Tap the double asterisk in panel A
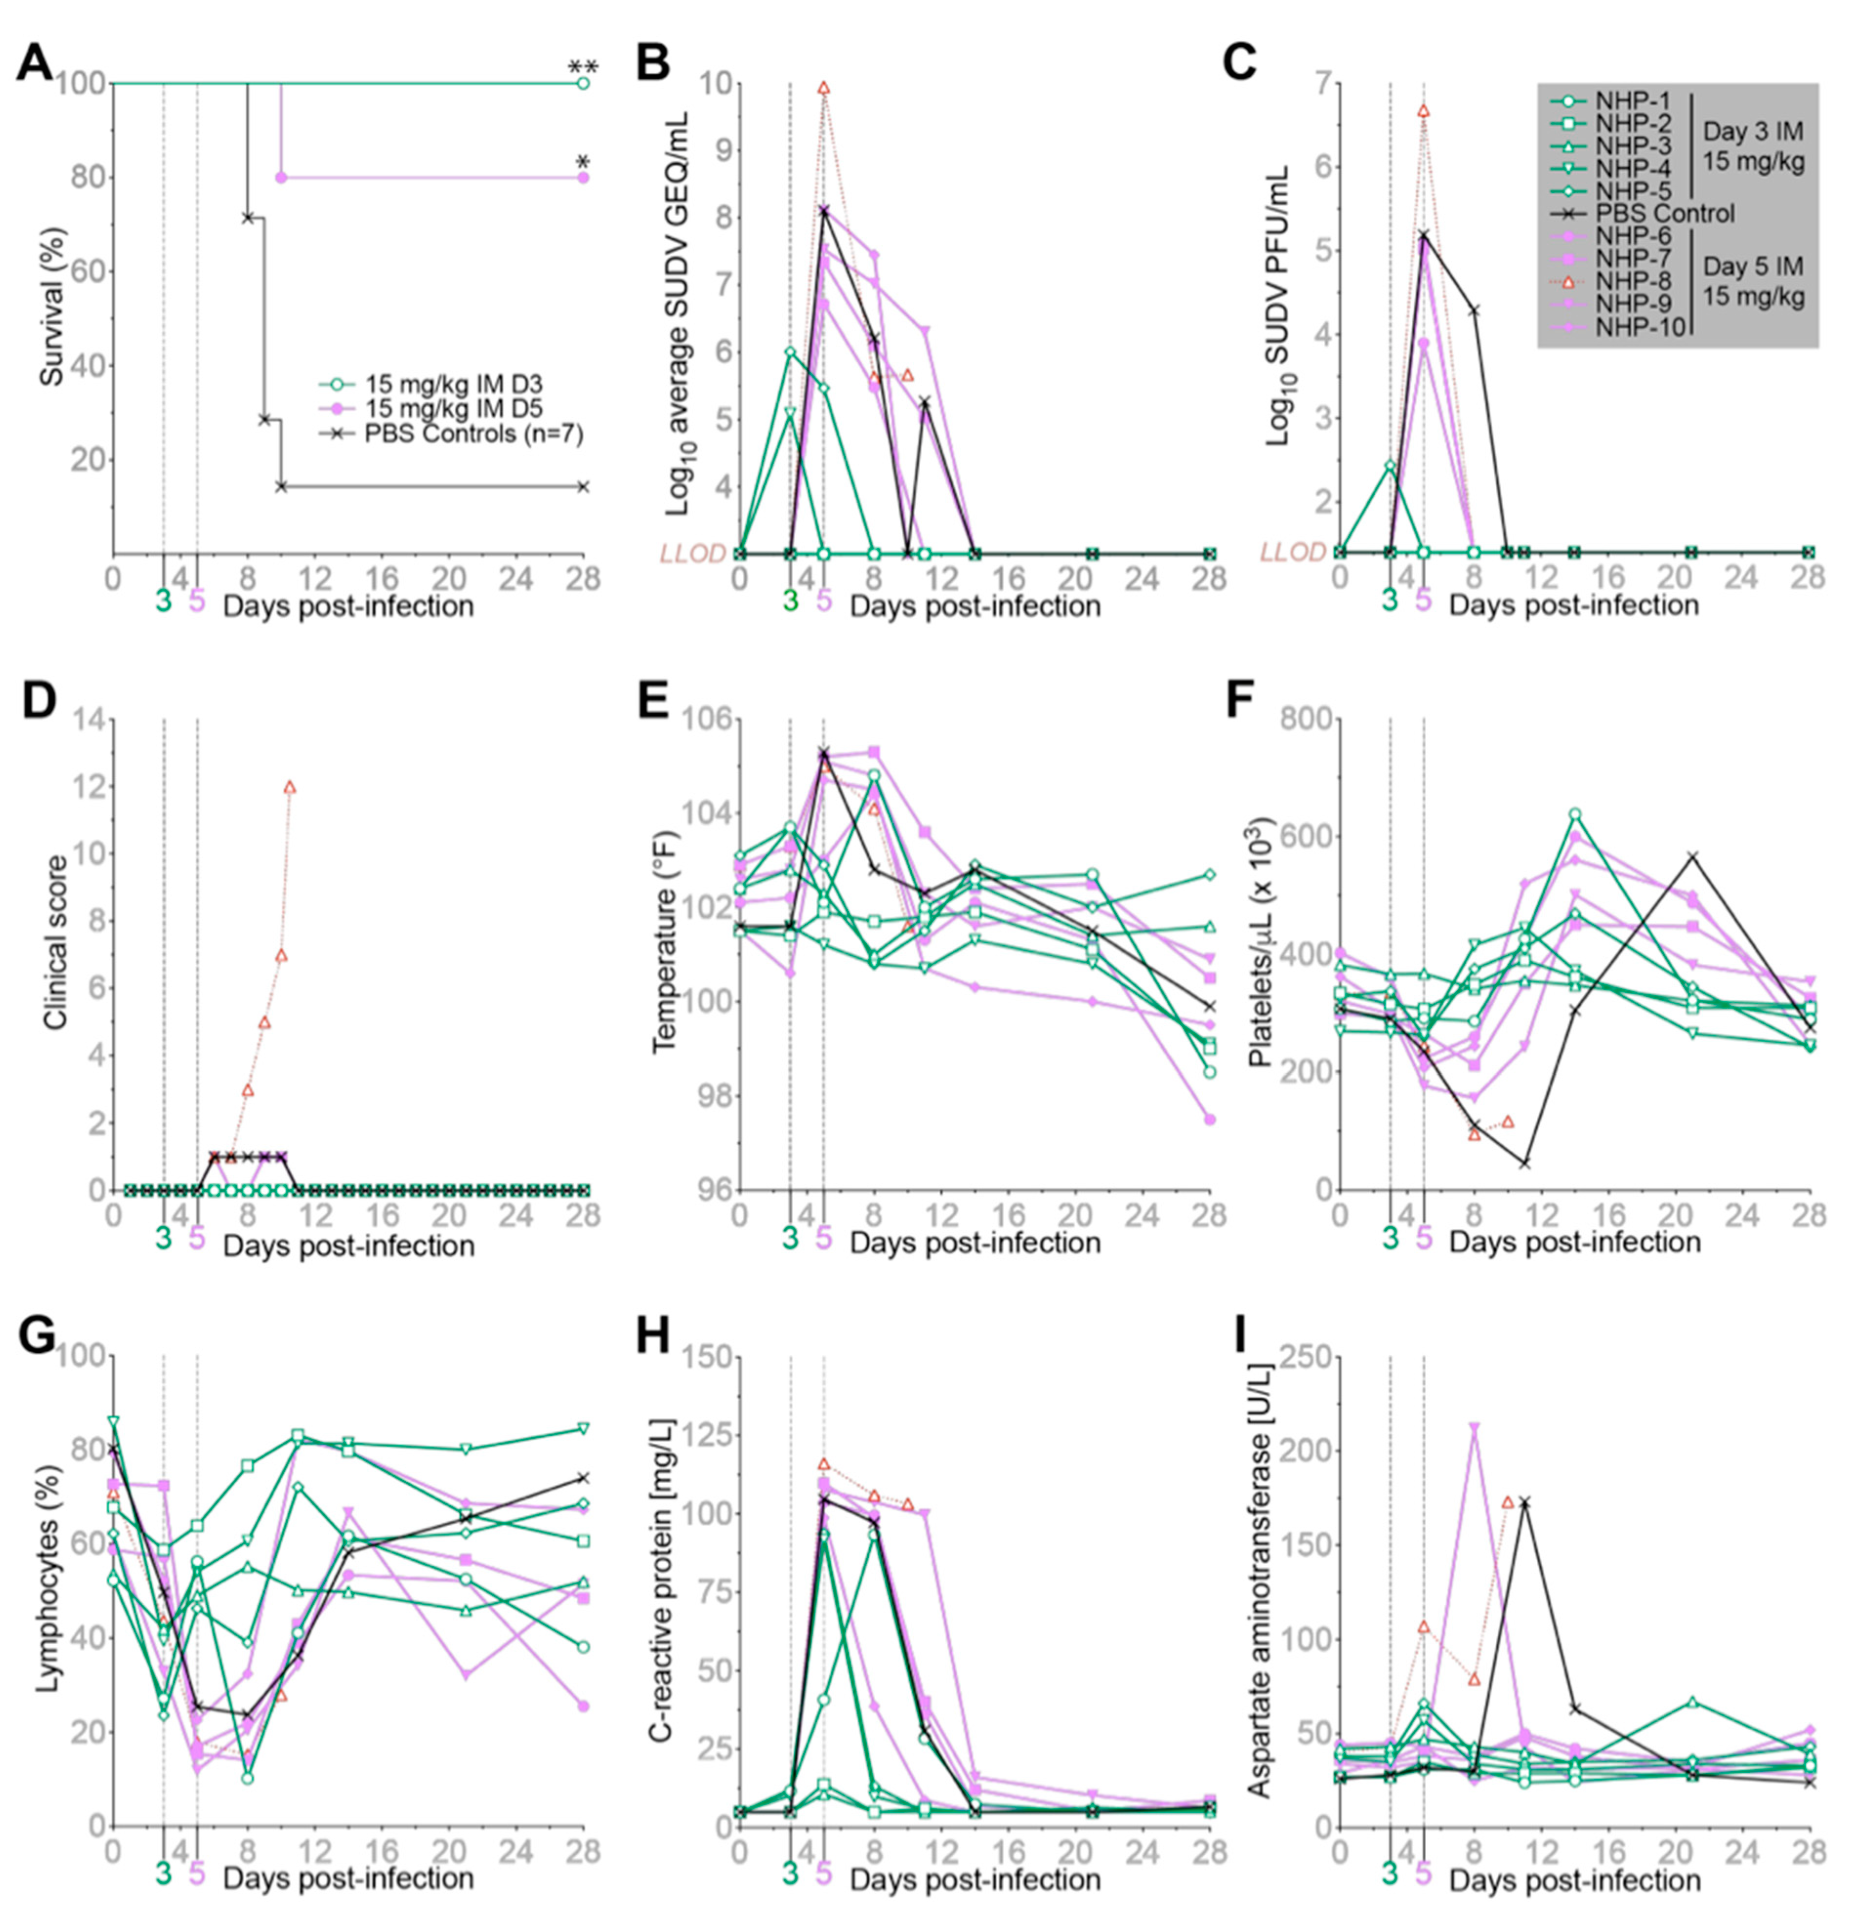coord(583,69)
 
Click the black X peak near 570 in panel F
coord(1693,857)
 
